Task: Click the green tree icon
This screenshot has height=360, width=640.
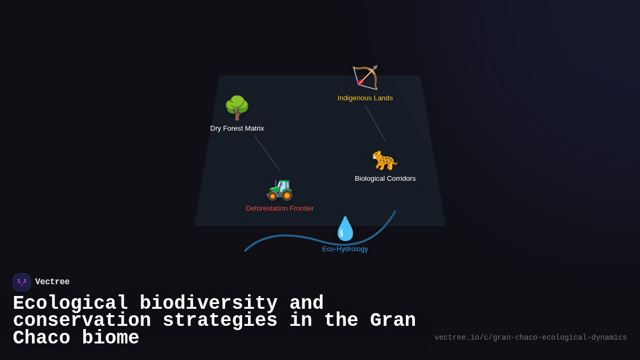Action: pyautogui.click(x=237, y=108)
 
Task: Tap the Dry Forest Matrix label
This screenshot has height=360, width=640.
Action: pyautogui.click(x=237, y=129)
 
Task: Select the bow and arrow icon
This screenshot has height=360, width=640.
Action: pyautogui.click(x=365, y=78)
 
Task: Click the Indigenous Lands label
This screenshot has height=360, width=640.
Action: pyautogui.click(x=365, y=98)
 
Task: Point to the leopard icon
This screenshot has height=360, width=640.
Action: pyautogui.click(x=385, y=160)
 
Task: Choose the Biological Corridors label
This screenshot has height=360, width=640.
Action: pyautogui.click(x=385, y=179)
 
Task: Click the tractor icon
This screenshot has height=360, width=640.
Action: pyautogui.click(x=279, y=188)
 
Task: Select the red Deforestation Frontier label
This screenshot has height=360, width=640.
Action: pyautogui.click(x=279, y=209)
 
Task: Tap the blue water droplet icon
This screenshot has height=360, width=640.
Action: pyautogui.click(x=345, y=229)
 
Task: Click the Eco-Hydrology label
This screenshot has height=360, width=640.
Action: pyautogui.click(x=345, y=249)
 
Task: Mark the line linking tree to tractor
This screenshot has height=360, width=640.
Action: pyautogui.click(x=267, y=153)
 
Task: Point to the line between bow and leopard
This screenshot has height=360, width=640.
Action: pyautogui.click(x=375, y=123)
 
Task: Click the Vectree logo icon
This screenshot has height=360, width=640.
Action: pyautogui.click(x=22, y=282)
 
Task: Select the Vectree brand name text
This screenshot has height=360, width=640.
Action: pyautogui.click(x=52, y=282)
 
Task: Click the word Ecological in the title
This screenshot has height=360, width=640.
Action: pyautogui.click(x=70, y=303)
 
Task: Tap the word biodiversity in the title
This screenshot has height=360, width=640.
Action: pyautogui.click(x=209, y=303)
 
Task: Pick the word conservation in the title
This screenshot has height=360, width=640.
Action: pyautogui.click(x=82, y=321)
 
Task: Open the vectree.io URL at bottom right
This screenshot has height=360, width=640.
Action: pyautogui.click(x=531, y=338)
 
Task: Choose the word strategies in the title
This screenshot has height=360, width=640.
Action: pyautogui.click(x=220, y=321)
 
